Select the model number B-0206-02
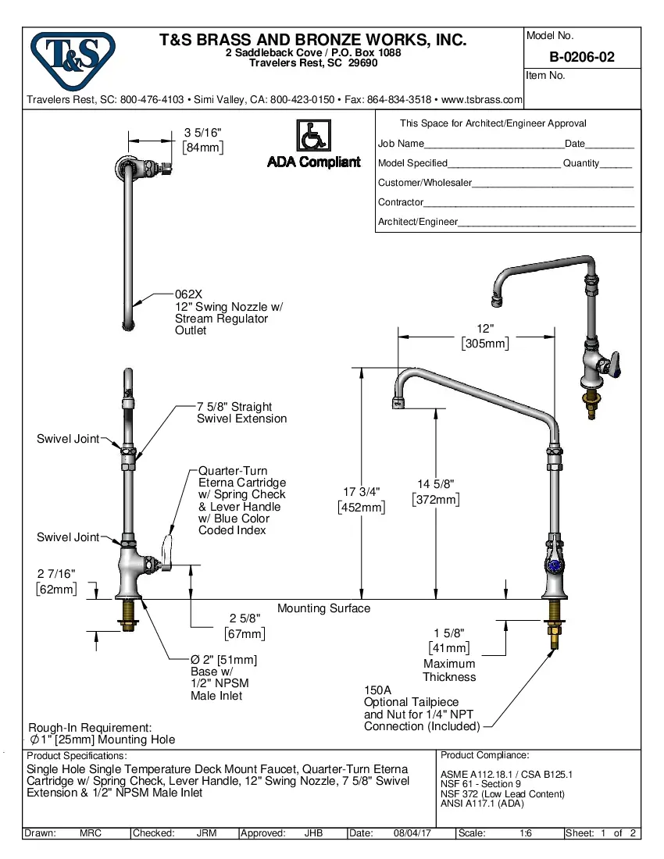pyautogui.click(x=582, y=57)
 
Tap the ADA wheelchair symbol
pyautogui.click(x=312, y=137)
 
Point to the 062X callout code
pyautogui.click(x=188, y=294)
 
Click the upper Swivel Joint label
pyautogui.click(x=68, y=439)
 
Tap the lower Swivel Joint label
pyautogui.click(x=68, y=537)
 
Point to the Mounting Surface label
pyautogui.click(x=323, y=608)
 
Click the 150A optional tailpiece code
pyautogui.click(x=377, y=690)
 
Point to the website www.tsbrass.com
pyautogui.click(x=482, y=100)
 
